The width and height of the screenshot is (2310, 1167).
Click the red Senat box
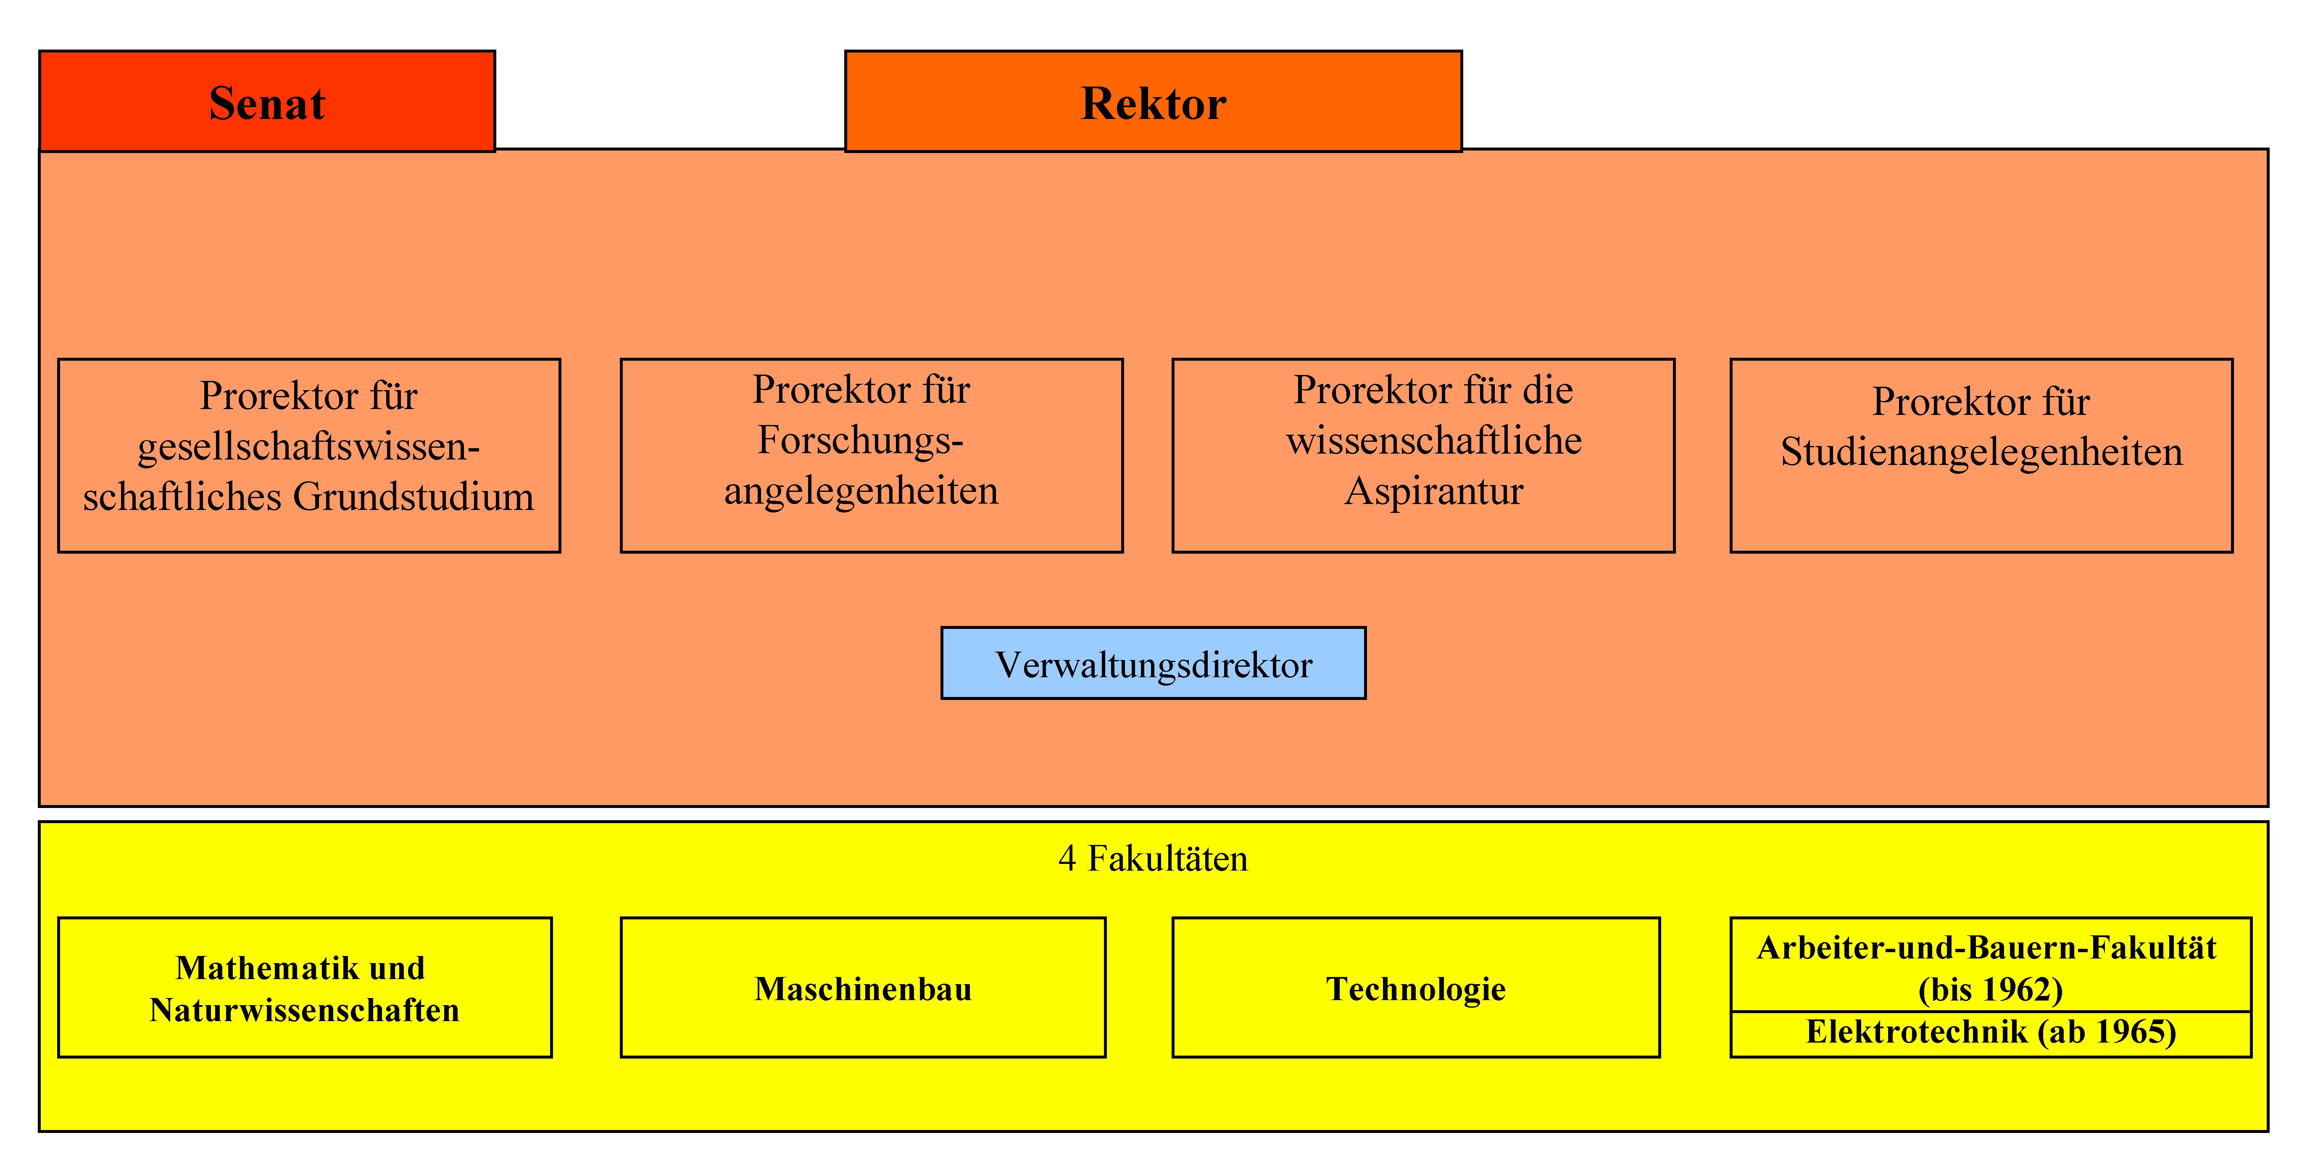267,101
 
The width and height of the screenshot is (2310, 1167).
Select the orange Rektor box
1153,101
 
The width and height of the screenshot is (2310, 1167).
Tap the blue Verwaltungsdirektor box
1153,664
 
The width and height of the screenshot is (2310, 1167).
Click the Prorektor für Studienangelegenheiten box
1981,456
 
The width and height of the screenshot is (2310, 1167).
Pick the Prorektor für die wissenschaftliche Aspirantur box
1423,456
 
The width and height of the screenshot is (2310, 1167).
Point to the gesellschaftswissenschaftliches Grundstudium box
308,456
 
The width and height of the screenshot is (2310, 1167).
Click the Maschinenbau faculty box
863,987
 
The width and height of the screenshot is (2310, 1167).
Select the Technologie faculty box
1416,987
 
